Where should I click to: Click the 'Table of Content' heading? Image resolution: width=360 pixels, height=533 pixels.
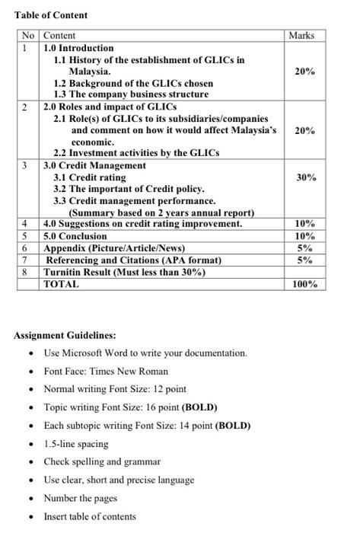point(51,15)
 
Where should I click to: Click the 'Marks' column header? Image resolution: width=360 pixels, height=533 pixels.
point(301,36)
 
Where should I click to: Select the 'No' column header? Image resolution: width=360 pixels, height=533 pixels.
point(28,36)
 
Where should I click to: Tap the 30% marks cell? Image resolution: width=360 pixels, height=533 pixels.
point(305,177)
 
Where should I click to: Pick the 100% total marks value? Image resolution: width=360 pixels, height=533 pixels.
point(304,284)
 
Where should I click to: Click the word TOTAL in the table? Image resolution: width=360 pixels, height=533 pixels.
point(61,284)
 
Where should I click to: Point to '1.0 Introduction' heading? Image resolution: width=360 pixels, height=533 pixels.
point(78,47)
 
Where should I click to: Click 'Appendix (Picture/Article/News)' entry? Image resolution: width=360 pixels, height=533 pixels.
point(114,248)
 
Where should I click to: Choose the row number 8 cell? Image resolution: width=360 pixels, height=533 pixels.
point(26,272)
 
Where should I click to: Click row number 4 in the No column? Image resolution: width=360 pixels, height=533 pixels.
point(26,224)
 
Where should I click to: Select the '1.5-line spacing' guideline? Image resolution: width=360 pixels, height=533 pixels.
point(76,443)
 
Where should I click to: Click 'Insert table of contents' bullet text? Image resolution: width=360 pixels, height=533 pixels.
point(90,516)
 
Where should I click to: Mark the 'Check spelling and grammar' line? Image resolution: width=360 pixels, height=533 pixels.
point(102,461)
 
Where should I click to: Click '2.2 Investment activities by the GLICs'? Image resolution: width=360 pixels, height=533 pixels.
point(135,153)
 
